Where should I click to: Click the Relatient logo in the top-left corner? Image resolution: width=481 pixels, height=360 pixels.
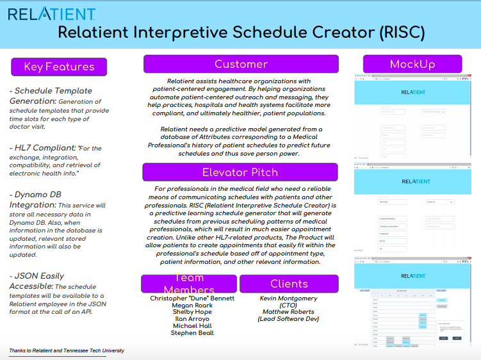click(52, 14)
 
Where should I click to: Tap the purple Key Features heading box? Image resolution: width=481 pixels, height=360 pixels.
click(59, 67)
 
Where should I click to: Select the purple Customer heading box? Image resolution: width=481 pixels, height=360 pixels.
click(241, 64)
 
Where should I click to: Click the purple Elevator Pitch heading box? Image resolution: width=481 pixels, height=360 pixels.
click(240, 172)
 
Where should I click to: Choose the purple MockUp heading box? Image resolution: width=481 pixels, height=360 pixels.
click(412, 64)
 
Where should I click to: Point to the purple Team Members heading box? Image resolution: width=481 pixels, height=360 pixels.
click(188, 284)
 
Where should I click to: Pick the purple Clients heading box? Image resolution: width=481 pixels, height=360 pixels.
click(289, 284)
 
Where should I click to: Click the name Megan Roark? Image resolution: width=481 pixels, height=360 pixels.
click(192, 306)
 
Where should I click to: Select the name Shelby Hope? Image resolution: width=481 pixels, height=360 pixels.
click(192, 313)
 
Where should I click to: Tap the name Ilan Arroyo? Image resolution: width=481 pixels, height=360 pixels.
click(192, 319)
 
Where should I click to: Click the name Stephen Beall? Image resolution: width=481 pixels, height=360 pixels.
click(192, 332)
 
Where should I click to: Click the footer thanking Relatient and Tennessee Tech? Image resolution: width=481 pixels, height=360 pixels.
click(67, 350)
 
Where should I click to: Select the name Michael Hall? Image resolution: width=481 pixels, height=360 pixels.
click(192, 326)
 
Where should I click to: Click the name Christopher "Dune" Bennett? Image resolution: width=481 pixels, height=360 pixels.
click(192, 299)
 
